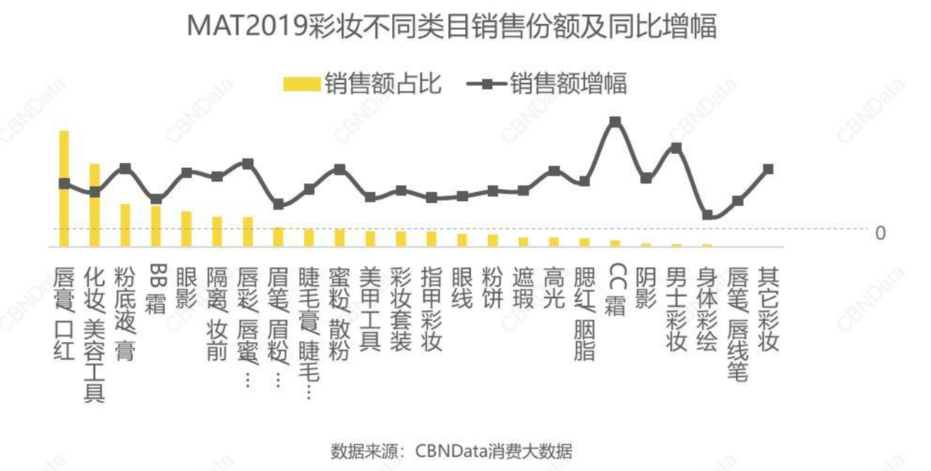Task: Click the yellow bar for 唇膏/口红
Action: click(x=64, y=188)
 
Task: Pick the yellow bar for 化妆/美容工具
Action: click(x=94, y=205)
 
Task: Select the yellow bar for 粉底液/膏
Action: click(x=126, y=225)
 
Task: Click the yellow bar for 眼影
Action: click(x=186, y=229)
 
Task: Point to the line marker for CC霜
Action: click(x=615, y=121)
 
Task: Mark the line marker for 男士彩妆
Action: click(x=676, y=147)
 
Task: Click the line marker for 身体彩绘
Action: click(x=707, y=215)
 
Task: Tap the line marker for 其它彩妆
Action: click(x=768, y=169)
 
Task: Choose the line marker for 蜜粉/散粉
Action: click(x=340, y=169)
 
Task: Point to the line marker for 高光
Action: click(x=554, y=171)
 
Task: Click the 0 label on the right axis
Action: click(x=880, y=232)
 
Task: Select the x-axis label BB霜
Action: click(x=156, y=290)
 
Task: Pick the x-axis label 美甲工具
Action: click(x=370, y=309)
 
